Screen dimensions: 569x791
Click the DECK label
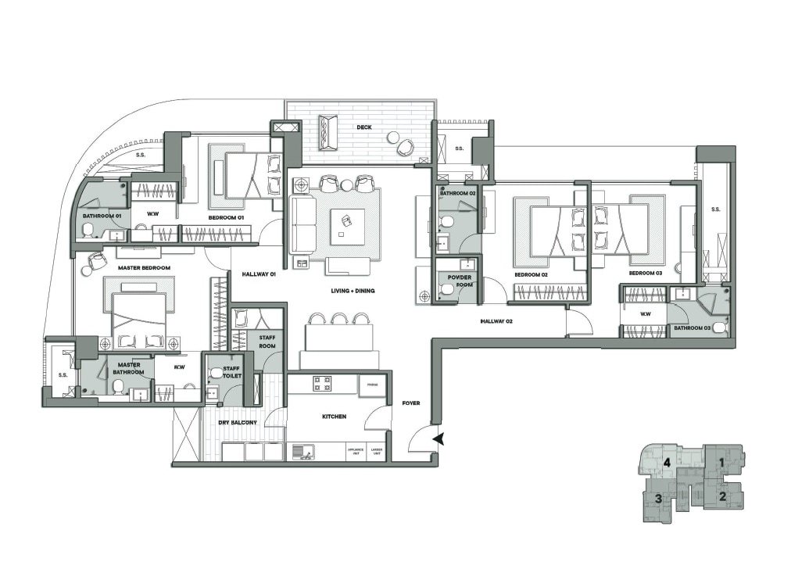363,127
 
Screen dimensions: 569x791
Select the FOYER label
411,403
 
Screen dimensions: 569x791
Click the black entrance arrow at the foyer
439,439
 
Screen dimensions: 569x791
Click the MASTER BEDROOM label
144,268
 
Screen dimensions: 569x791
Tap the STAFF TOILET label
231,371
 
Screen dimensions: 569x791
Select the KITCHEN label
334,417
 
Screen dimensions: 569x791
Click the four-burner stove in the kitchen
323,383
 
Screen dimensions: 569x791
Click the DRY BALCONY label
238,423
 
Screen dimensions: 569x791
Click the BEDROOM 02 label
531,275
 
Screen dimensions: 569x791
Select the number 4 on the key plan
668,463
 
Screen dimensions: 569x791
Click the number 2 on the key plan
723,496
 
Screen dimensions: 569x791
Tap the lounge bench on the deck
327,133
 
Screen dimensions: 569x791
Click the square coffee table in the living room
347,227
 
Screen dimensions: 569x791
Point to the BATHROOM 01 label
102,216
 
